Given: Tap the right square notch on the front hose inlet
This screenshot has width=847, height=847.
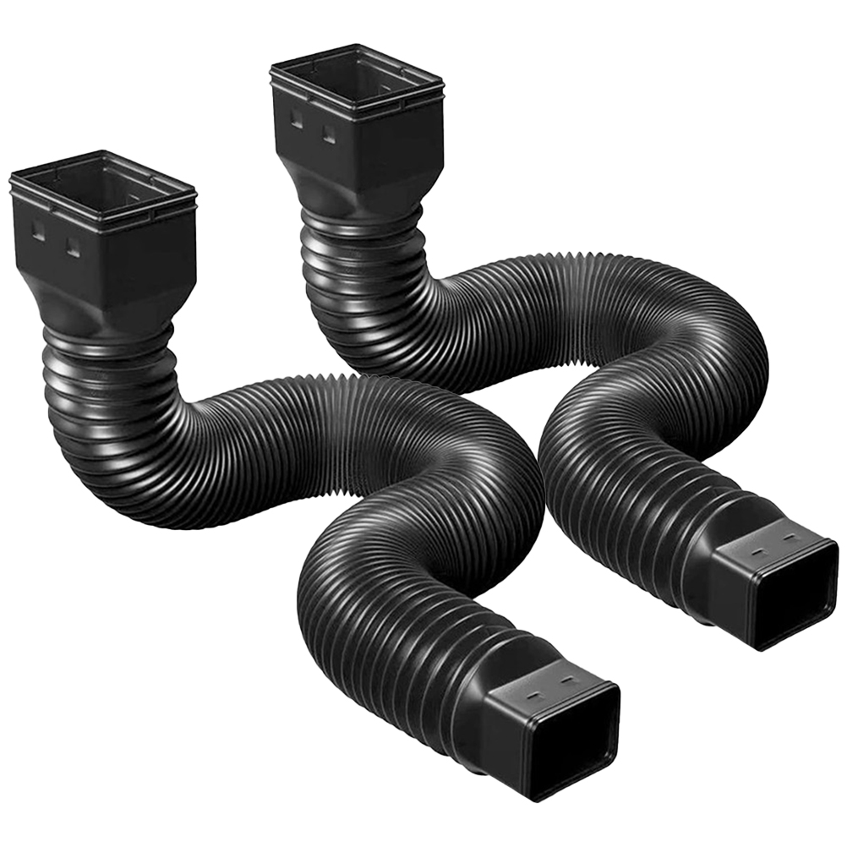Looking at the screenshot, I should tap(73, 247).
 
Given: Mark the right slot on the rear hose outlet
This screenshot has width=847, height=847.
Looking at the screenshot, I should tap(788, 540).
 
